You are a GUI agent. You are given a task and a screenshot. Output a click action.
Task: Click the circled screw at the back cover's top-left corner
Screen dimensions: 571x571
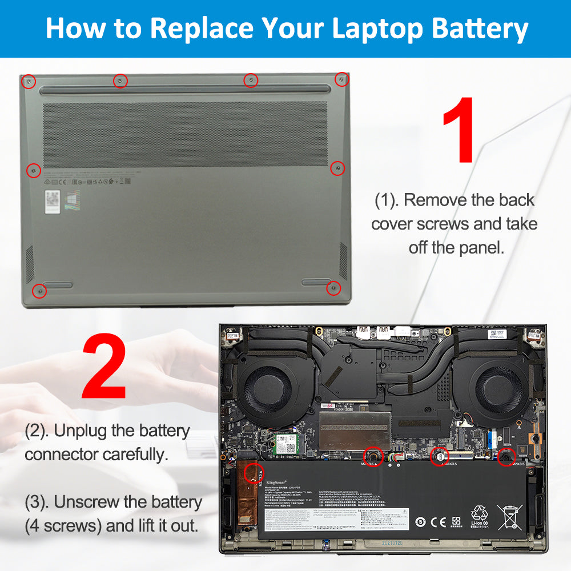tap(27, 82)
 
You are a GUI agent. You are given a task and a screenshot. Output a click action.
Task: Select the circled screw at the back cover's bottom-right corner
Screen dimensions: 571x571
tap(333, 288)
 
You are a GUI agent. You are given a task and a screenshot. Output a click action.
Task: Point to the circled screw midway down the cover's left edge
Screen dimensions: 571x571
tap(33, 170)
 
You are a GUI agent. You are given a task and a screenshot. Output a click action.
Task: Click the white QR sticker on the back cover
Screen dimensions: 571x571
tap(53, 202)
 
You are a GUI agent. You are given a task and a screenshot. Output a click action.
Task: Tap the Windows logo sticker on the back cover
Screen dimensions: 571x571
tap(73, 200)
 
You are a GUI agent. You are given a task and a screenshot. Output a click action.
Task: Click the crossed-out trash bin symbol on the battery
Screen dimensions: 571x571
tap(509, 517)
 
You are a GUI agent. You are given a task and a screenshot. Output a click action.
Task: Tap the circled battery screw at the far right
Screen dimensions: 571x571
tap(506, 456)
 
